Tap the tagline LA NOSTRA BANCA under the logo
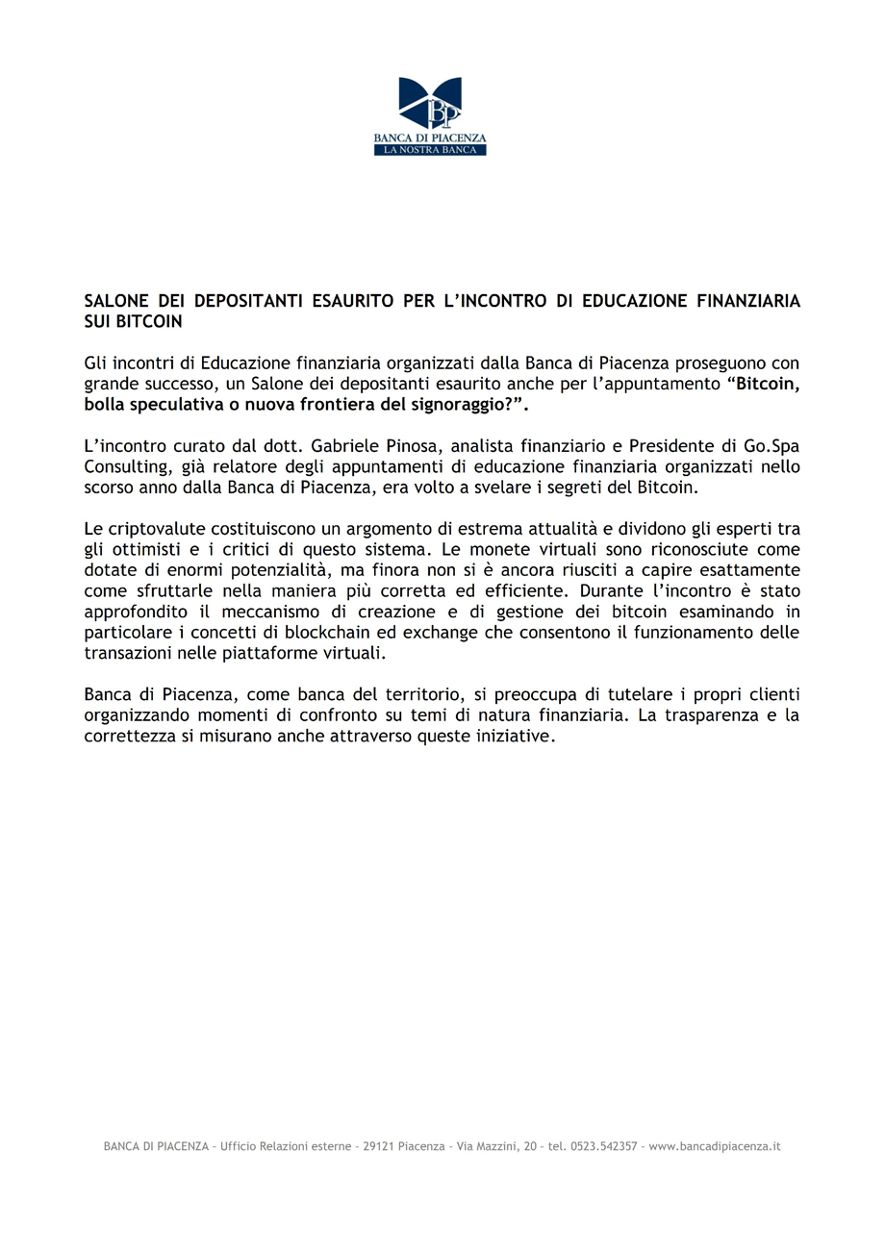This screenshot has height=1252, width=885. tap(430, 150)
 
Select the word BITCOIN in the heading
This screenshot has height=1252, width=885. tap(149, 320)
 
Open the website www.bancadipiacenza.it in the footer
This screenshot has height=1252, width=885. tap(715, 1146)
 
